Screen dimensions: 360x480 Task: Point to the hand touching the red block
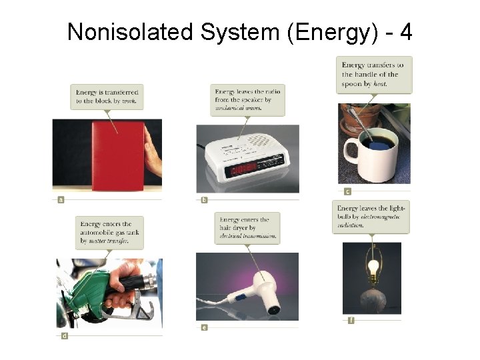pos(153,156)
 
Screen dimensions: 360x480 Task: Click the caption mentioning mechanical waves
pos(247,99)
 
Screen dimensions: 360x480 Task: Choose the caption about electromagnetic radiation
pos(371,217)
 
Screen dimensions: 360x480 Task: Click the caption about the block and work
pos(107,96)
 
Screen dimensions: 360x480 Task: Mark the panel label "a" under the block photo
pos(61,199)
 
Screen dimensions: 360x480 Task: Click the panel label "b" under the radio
pos(204,199)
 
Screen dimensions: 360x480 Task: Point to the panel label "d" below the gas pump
pos(64,336)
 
